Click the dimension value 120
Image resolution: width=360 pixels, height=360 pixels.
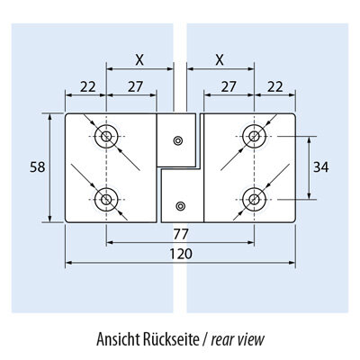pyautogui.click(x=181, y=254)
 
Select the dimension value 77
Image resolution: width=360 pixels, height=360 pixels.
pyautogui.click(x=181, y=234)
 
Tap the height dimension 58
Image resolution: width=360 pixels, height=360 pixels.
pyautogui.click(x=38, y=167)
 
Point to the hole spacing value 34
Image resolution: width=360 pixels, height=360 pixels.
pyautogui.click(x=321, y=167)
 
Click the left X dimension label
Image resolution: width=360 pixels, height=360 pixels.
pyautogui.click(x=139, y=60)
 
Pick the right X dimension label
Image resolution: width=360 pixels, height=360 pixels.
pyautogui.click(x=220, y=60)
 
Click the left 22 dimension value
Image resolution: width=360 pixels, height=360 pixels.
pyautogui.click(x=88, y=87)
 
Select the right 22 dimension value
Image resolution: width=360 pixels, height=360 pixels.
pyautogui.click(x=275, y=87)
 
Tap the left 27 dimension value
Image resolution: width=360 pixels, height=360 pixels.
pyautogui.click(x=135, y=87)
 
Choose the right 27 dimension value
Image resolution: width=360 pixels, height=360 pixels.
pyautogui.click(x=229, y=87)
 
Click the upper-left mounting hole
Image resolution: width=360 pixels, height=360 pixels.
pyautogui.click(x=106, y=137)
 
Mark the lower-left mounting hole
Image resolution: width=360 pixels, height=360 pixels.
pyautogui.click(x=106, y=200)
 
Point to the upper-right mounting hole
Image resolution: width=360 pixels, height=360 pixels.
pyautogui.click(x=255, y=137)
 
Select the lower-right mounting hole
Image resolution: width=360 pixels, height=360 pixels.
pyautogui.click(x=255, y=200)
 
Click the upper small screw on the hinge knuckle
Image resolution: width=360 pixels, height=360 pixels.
pyautogui.click(x=178, y=140)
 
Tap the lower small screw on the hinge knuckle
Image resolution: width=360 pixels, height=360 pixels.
pyautogui.click(x=180, y=206)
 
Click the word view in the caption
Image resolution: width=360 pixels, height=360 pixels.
pyautogui.click(x=251, y=340)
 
